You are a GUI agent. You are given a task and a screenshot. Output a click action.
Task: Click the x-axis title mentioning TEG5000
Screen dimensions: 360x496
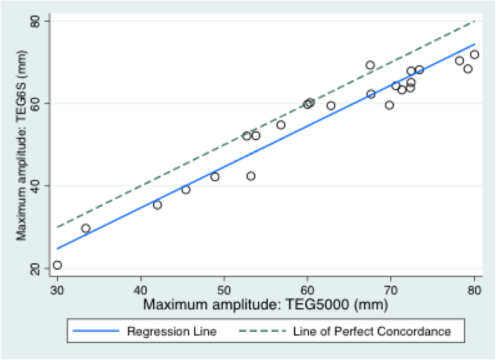[x=265, y=304]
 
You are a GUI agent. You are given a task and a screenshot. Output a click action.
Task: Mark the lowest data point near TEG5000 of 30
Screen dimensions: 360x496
[x=57, y=265]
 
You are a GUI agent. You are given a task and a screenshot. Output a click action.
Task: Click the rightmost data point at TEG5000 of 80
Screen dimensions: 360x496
[x=475, y=54]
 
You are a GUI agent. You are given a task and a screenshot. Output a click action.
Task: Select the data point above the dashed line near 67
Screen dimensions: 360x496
[x=370, y=65]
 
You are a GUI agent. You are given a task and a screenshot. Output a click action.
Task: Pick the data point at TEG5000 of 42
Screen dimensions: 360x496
[x=157, y=205]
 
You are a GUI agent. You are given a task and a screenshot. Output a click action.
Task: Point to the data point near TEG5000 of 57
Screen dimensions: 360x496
[x=281, y=124]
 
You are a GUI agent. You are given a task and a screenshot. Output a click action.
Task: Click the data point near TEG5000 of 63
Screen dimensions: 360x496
[x=331, y=105]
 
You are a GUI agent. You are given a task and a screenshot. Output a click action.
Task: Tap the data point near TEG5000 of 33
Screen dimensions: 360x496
[x=86, y=228]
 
